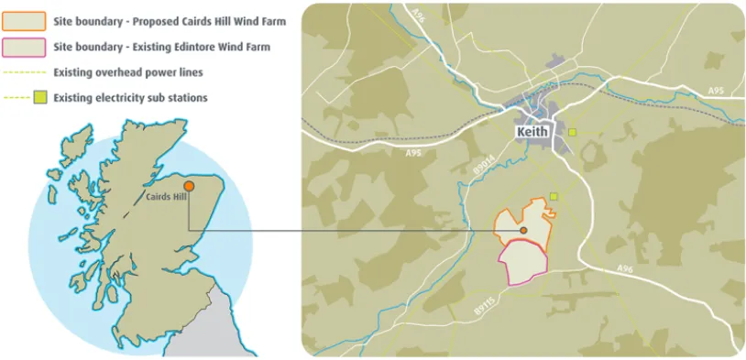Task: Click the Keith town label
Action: click(532, 132)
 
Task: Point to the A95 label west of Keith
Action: click(413, 153)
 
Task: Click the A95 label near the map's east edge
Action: click(716, 91)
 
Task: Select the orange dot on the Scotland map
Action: click(188, 185)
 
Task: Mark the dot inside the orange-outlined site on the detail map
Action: click(523, 230)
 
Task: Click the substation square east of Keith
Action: click(573, 133)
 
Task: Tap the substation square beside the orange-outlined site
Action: click(554, 195)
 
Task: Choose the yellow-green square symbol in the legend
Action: click(39, 97)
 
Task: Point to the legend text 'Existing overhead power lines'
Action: click(128, 71)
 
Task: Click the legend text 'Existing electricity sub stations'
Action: click(130, 97)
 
